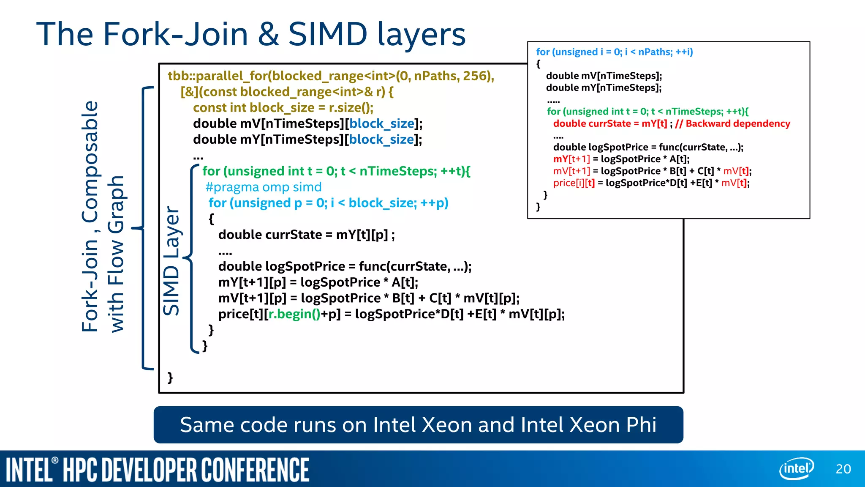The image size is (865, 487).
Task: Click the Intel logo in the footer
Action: [796, 468]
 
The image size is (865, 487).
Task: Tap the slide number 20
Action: [843, 469]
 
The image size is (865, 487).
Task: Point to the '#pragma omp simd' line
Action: [264, 187]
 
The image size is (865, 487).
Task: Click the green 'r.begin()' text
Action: [294, 314]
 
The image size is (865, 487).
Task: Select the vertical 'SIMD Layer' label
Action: [172, 261]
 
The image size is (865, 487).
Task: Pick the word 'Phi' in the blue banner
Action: [641, 424]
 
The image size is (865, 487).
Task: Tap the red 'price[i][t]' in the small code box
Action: [574, 183]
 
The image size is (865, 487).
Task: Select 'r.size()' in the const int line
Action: [351, 108]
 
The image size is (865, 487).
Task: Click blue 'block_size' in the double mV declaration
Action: [382, 123]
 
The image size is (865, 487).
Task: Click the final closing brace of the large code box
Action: [170, 377]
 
